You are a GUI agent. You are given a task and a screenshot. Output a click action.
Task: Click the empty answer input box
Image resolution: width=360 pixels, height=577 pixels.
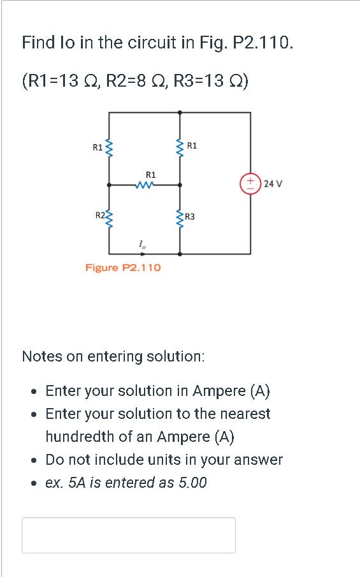point(128,534)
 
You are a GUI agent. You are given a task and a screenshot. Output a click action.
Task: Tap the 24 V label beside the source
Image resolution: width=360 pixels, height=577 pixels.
point(273,184)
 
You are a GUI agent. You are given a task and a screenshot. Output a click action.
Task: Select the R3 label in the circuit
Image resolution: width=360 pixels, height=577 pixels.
point(190,217)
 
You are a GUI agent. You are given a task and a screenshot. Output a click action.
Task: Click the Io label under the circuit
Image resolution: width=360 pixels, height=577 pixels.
point(141,243)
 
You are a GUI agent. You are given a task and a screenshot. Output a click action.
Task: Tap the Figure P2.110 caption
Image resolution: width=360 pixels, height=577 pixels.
point(123,267)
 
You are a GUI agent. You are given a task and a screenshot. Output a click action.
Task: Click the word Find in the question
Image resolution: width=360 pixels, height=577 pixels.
point(37,43)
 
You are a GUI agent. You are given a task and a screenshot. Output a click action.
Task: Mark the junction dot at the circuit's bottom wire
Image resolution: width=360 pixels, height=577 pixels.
point(180,254)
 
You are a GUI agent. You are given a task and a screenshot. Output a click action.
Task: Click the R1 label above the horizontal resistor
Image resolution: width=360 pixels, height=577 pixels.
point(150,174)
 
